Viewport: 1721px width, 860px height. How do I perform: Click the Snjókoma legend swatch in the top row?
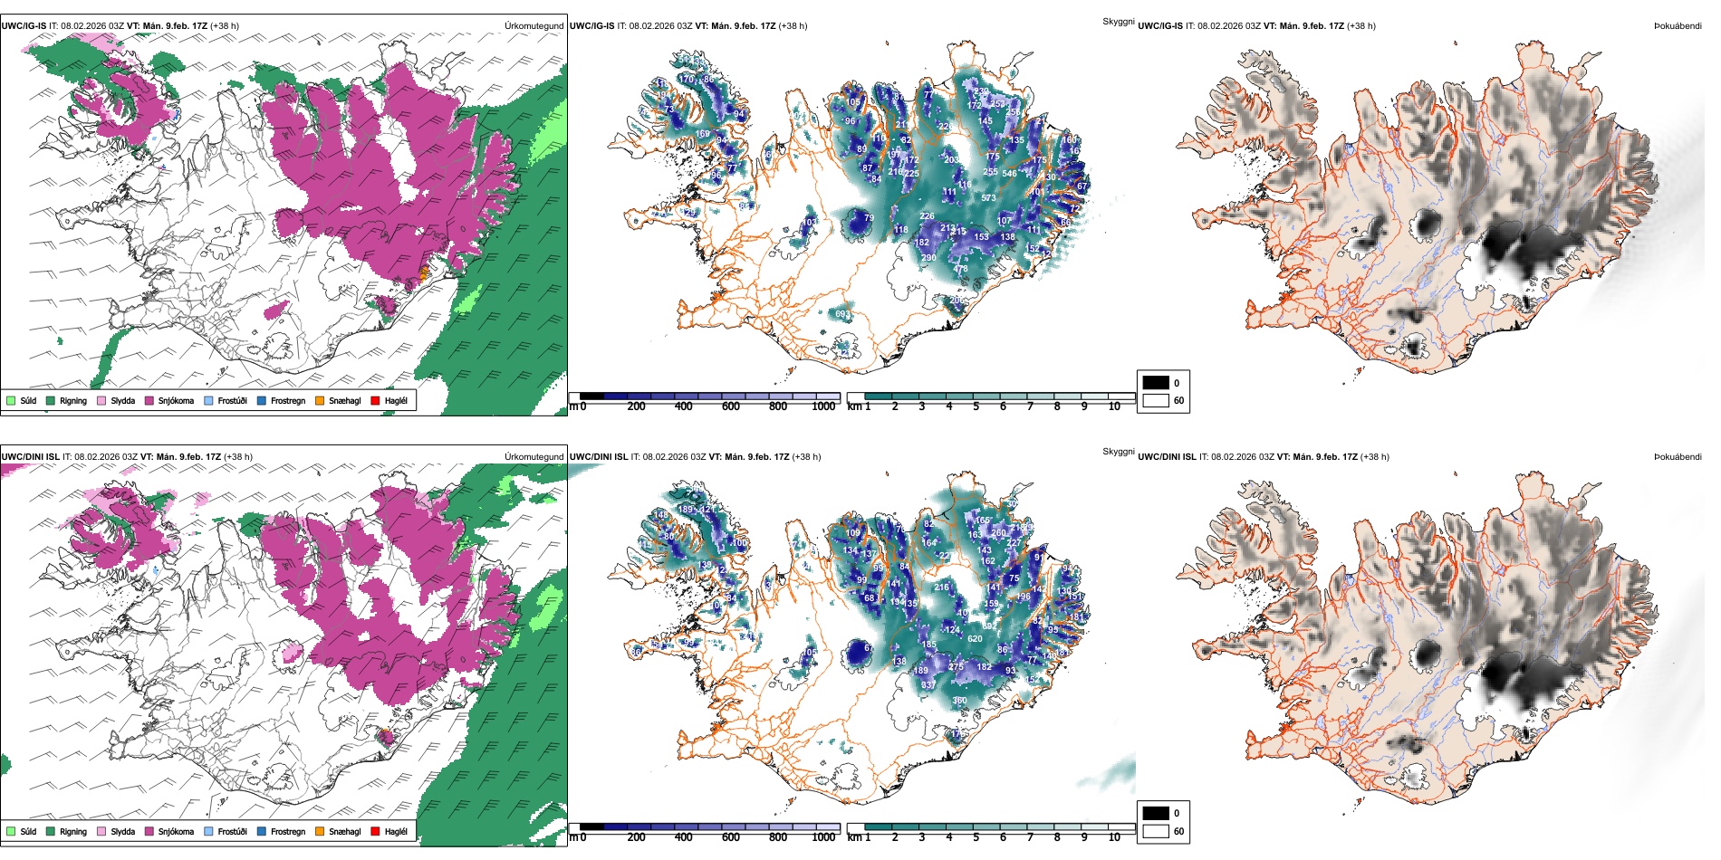149,400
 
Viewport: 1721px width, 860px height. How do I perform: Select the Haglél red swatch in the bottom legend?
375,831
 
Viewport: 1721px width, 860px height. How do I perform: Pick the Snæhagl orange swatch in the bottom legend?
320,831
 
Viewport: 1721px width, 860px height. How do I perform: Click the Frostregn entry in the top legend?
287,400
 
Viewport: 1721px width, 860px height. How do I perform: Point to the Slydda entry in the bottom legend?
122,831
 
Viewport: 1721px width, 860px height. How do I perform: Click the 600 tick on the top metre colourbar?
730,406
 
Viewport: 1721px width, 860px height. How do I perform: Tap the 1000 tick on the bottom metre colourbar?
823,837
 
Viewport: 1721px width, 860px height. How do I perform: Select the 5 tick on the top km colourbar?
976,406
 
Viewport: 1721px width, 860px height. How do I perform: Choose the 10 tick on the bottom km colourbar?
1114,837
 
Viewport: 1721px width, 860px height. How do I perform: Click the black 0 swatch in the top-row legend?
1156,383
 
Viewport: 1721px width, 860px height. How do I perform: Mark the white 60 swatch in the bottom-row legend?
1156,831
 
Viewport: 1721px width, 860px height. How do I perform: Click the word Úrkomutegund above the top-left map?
534,26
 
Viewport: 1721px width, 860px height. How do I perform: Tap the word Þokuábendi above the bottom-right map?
1678,457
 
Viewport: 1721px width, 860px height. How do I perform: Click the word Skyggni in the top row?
1118,21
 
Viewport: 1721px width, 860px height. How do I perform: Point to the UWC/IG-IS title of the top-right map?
1160,26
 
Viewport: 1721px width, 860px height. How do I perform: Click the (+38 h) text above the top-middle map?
793,26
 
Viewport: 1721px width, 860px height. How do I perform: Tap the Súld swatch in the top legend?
11,400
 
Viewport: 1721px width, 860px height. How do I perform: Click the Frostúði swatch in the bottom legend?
209,831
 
